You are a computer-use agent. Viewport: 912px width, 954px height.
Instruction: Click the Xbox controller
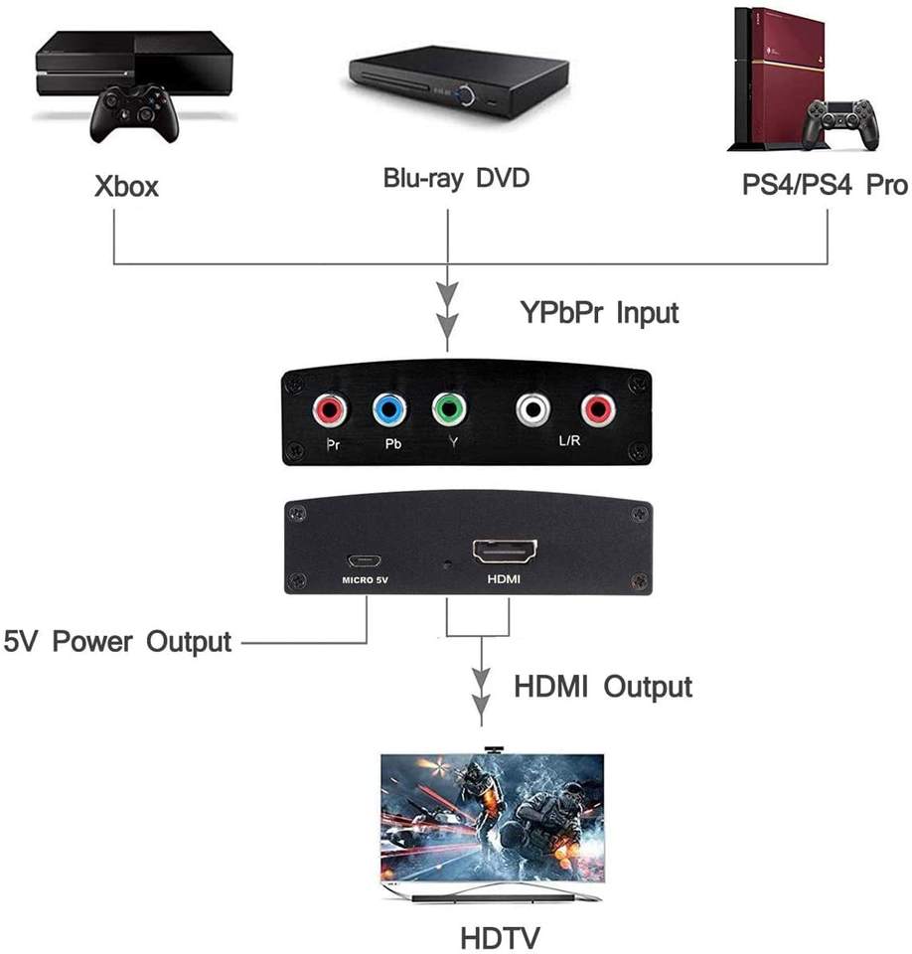(x=134, y=113)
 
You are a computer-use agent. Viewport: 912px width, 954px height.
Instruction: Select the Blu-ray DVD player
(x=459, y=82)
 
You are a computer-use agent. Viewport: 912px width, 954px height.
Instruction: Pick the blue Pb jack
(x=389, y=410)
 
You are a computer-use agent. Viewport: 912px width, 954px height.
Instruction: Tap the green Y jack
(x=449, y=409)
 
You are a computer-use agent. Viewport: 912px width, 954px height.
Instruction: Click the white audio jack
(x=532, y=409)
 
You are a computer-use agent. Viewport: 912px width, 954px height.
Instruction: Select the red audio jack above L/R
(x=598, y=409)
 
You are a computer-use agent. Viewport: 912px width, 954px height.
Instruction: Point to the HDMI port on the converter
(x=505, y=553)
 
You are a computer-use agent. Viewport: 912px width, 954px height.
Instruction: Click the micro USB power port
(x=365, y=560)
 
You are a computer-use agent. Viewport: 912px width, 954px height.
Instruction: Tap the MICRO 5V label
(x=365, y=580)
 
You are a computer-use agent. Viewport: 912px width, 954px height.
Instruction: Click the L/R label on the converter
(x=569, y=440)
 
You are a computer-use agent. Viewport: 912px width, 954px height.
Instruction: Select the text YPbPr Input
(x=599, y=313)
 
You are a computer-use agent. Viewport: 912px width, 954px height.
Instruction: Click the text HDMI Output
(x=603, y=687)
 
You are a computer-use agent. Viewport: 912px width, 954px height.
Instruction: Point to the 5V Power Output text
(x=117, y=642)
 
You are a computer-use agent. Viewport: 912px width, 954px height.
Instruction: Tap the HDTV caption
(x=500, y=937)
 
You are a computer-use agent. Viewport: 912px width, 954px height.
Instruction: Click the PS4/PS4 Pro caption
(x=825, y=185)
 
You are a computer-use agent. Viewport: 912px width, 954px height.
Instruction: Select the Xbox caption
(x=126, y=186)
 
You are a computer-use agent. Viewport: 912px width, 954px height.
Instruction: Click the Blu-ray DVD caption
(x=456, y=178)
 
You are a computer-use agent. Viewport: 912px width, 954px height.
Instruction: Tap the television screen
(x=493, y=817)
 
